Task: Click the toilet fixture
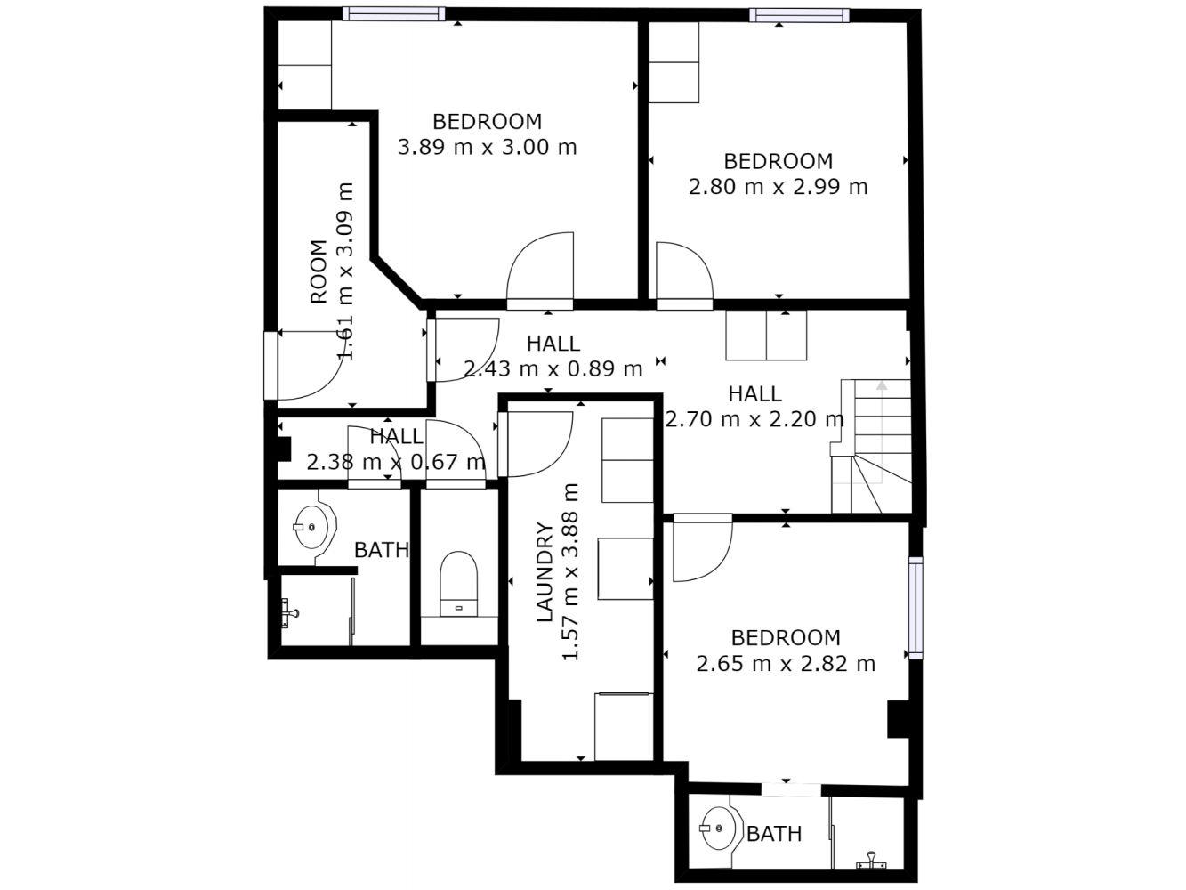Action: click(458, 584)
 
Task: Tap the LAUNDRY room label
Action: click(545, 571)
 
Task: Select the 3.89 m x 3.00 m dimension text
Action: click(487, 147)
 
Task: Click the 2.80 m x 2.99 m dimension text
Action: click(778, 187)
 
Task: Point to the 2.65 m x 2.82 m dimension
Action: click(786, 664)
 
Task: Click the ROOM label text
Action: click(319, 271)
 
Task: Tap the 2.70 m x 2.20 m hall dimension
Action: click(754, 419)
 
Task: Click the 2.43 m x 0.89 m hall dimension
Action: click(553, 368)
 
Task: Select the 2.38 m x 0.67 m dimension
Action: click(396, 462)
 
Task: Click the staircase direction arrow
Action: click(882, 433)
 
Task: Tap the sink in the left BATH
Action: click(314, 527)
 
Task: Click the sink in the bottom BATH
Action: click(721, 828)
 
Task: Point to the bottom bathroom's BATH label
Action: click(774, 834)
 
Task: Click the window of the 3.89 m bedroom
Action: click(394, 13)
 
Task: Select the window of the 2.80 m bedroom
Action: click(799, 15)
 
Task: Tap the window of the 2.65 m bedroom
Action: click(916, 607)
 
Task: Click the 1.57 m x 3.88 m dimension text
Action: click(570, 571)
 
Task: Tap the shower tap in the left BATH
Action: click(290, 613)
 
